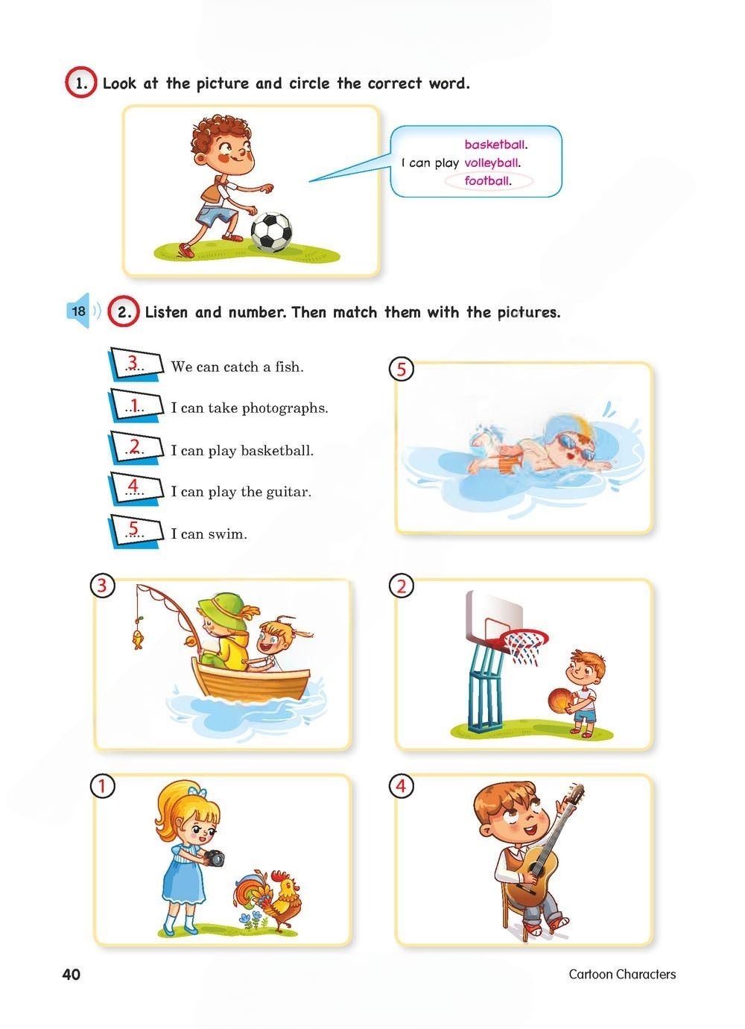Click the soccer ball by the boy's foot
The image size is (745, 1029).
tap(271, 232)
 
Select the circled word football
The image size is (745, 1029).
tap(487, 180)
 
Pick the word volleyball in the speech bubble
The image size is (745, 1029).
tap(492, 162)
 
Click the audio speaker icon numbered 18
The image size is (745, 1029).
tap(81, 311)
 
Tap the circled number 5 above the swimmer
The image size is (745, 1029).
tap(402, 370)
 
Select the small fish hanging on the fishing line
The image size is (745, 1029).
tap(137, 639)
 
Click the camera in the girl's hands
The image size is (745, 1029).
tap(214, 858)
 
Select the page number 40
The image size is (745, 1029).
tap(72, 975)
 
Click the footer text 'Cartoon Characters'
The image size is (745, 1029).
tap(622, 975)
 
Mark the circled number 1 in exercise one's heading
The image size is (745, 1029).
tap(81, 83)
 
